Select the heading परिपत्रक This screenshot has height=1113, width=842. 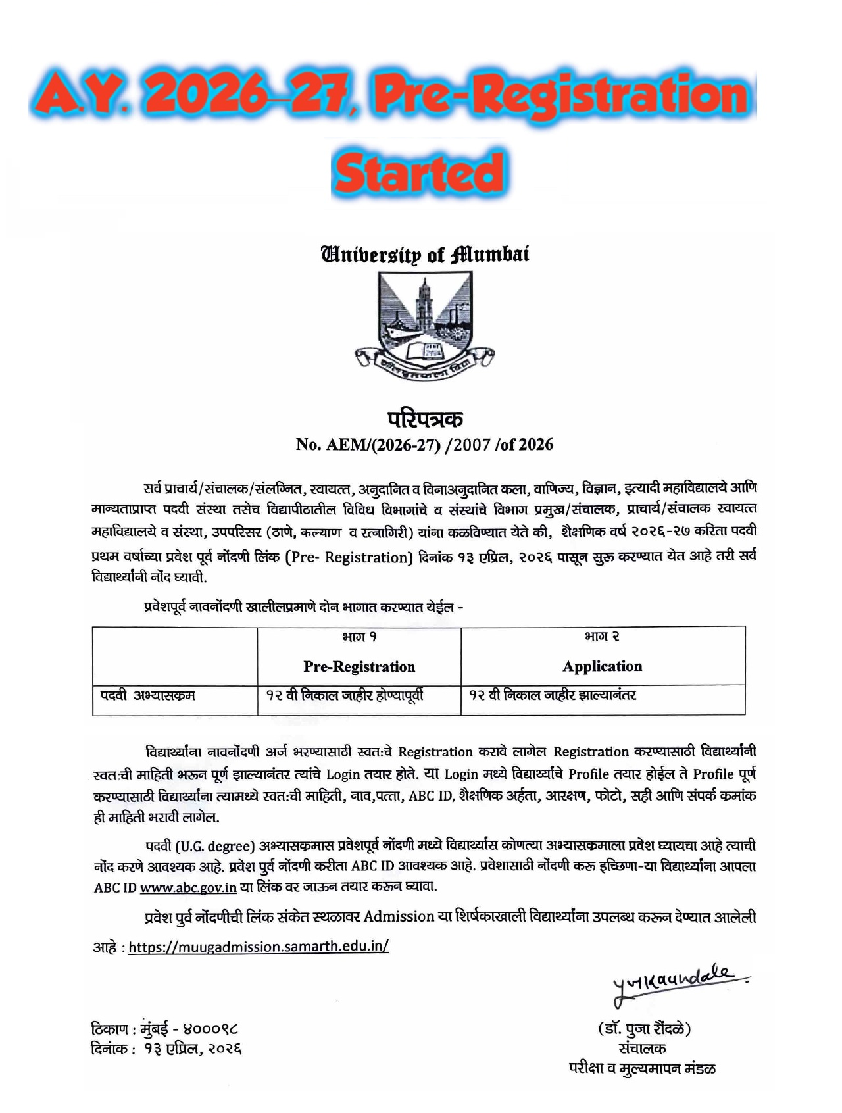[425, 419]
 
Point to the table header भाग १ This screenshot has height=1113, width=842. [359, 637]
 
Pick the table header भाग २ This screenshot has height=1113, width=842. [602, 637]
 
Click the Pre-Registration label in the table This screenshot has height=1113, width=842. [359, 666]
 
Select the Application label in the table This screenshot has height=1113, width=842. [602, 666]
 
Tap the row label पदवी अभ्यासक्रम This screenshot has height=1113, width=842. [148, 695]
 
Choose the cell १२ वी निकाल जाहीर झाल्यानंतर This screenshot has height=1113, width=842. [553, 695]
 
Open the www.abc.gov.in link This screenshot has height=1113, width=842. [188, 887]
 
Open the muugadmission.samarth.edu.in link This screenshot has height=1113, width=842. [259, 947]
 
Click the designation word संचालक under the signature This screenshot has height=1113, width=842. [642, 1049]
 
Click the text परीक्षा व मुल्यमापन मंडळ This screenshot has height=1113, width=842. [642, 1068]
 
